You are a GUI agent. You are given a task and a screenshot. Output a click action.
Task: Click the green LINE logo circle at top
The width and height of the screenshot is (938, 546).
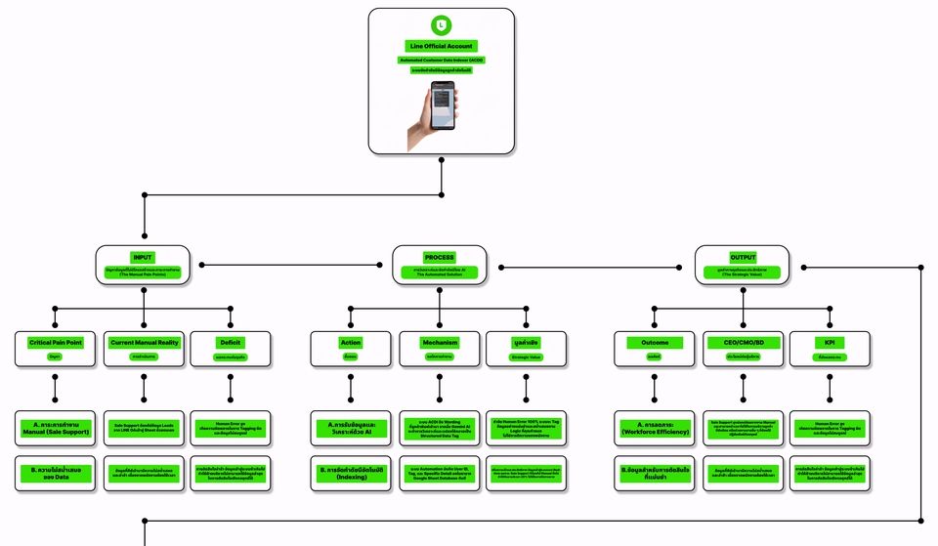[x=442, y=25]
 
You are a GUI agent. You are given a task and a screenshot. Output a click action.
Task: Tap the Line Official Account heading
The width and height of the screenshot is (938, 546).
[x=442, y=46]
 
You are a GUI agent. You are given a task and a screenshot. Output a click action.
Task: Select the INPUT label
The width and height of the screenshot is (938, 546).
[x=143, y=258]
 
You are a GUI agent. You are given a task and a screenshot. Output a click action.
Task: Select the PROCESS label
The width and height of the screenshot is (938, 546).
[x=439, y=258]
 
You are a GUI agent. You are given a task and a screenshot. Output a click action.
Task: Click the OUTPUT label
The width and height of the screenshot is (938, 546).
[x=742, y=258]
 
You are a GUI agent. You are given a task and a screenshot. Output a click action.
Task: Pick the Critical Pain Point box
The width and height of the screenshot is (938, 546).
[x=55, y=349]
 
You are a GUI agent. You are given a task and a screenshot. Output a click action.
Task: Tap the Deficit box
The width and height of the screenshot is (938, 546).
[x=230, y=349]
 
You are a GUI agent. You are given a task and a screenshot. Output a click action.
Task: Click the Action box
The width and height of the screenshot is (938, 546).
[x=351, y=349]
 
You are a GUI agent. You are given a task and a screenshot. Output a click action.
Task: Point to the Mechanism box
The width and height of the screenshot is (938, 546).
[x=439, y=349]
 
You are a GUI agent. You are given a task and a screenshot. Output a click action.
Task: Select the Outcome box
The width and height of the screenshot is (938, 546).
[x=655, y=349]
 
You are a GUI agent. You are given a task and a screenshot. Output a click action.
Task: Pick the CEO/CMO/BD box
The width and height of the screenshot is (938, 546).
[x=743, y=349]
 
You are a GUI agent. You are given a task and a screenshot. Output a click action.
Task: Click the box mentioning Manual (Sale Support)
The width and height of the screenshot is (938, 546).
[x=55, y=428]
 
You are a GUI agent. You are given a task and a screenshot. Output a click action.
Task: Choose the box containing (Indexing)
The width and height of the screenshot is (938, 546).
[x=351, y=473]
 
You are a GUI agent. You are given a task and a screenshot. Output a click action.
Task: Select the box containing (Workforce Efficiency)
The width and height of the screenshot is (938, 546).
[x=655, y=428]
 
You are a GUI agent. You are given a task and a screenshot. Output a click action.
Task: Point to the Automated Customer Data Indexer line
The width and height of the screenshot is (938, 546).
[x=442, y=61]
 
